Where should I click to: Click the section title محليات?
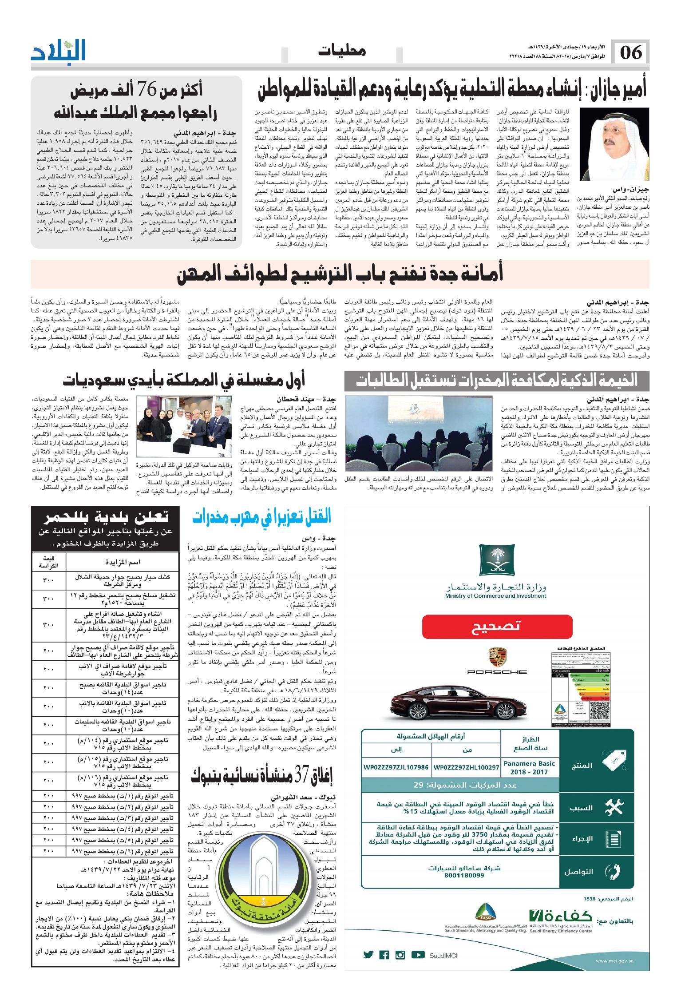tap(342, 51)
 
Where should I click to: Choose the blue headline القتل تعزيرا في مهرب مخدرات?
tap(262, 516)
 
